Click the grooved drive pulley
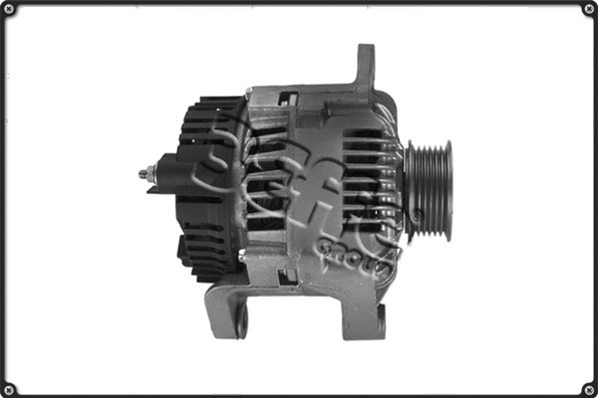pyautogui.click(x=428, y=190)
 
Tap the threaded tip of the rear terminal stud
pyautogui.click(x=143, y=175)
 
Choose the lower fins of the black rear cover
pyautogui.click(x=204, y=254)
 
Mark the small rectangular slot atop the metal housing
pyautogui.click(x=289, y=98)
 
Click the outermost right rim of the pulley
pyautogui.click(x=448, y=190)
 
